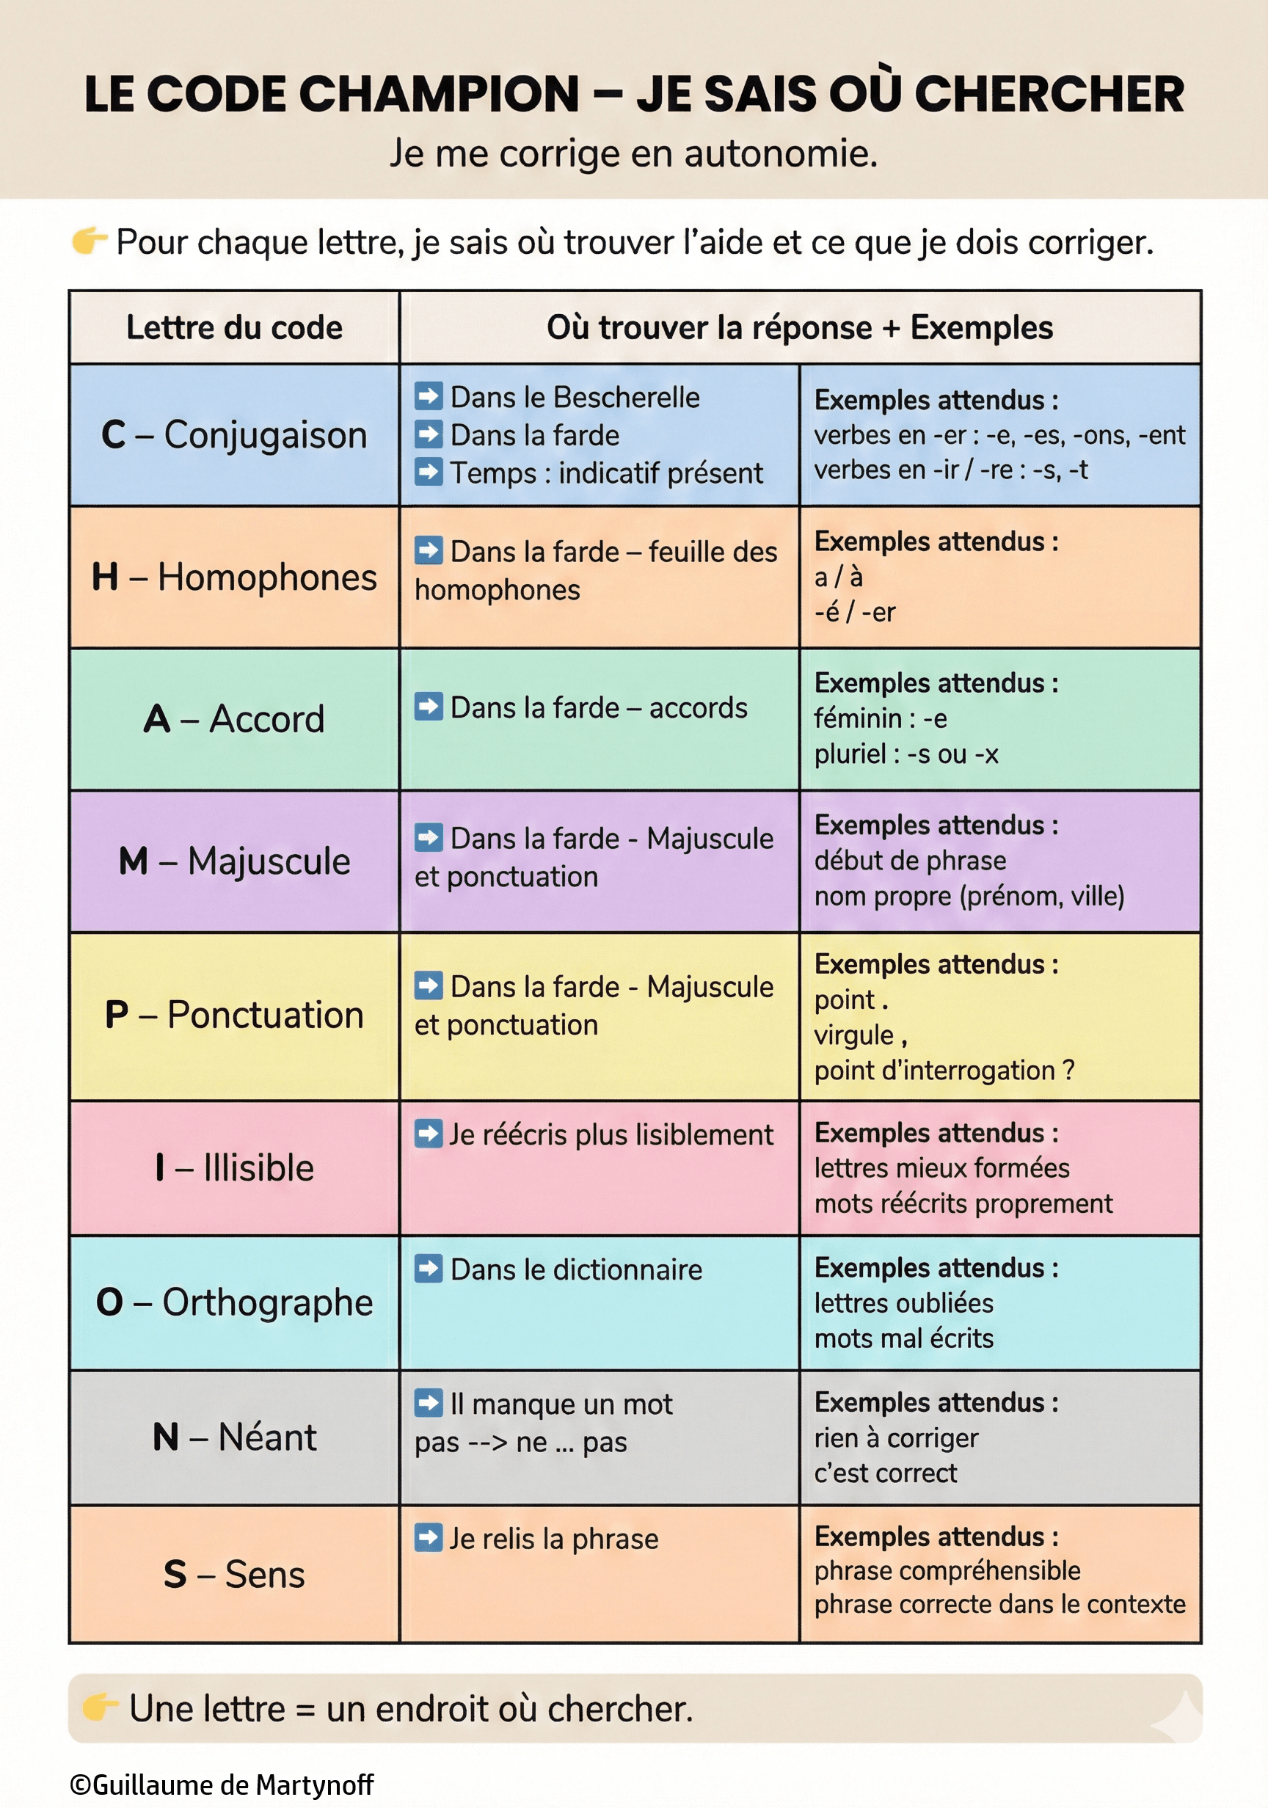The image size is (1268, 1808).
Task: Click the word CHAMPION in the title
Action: coord(440,95)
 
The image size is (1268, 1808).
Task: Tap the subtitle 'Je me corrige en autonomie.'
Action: coord(633,153)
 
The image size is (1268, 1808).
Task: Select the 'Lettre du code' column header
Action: coord(234,327)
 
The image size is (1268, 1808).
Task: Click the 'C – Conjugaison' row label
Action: coord(234,434)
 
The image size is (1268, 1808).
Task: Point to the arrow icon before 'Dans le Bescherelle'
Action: coord(429,396)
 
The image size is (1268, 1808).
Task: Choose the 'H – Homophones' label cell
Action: coord(234,577)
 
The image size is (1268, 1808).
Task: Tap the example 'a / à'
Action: coord(838,577)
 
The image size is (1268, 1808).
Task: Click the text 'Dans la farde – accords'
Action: coord(599,708)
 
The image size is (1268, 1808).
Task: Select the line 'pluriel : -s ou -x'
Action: coord(906,754)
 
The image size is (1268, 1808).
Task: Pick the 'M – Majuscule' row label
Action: coord(234,861)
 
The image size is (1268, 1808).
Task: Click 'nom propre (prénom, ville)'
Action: coord(969,896)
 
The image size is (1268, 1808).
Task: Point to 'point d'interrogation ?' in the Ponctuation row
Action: coord(944,1071)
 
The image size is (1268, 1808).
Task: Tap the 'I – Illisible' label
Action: coord(234,1168)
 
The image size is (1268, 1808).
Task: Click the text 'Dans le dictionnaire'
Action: coord(576,1269)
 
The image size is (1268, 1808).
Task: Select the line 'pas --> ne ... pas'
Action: coord(520,1442)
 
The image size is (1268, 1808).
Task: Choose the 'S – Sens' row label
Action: coord(234,1574)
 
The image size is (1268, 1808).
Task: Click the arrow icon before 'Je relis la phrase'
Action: coord(429,1538)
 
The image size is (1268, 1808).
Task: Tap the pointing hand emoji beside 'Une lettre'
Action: coord(100,1707)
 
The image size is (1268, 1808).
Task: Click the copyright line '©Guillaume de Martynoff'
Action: coord(222,1785)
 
